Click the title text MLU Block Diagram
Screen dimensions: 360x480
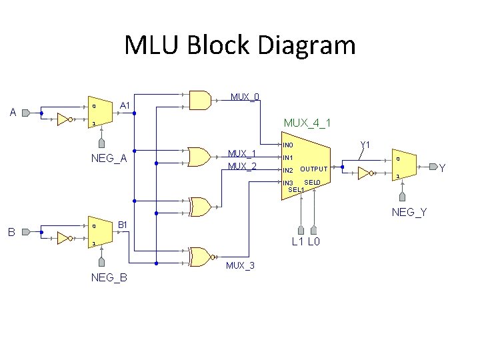point(240,45)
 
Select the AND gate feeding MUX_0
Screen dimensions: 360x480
point(201,100)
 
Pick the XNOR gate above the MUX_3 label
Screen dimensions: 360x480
point(201,257)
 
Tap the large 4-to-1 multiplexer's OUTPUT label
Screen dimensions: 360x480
point(314,169)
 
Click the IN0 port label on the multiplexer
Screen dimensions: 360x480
point(288,145)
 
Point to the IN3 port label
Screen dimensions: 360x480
point(288,183)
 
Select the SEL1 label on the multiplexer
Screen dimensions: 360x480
point(296,190)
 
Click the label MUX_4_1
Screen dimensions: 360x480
point(307,123)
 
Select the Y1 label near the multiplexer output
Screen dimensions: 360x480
point(365,145)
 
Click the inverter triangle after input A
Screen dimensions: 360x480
point(64,119)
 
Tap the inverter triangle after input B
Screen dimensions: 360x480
point(64,238)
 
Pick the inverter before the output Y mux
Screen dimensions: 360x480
point(365,174)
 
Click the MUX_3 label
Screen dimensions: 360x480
point(240,266)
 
